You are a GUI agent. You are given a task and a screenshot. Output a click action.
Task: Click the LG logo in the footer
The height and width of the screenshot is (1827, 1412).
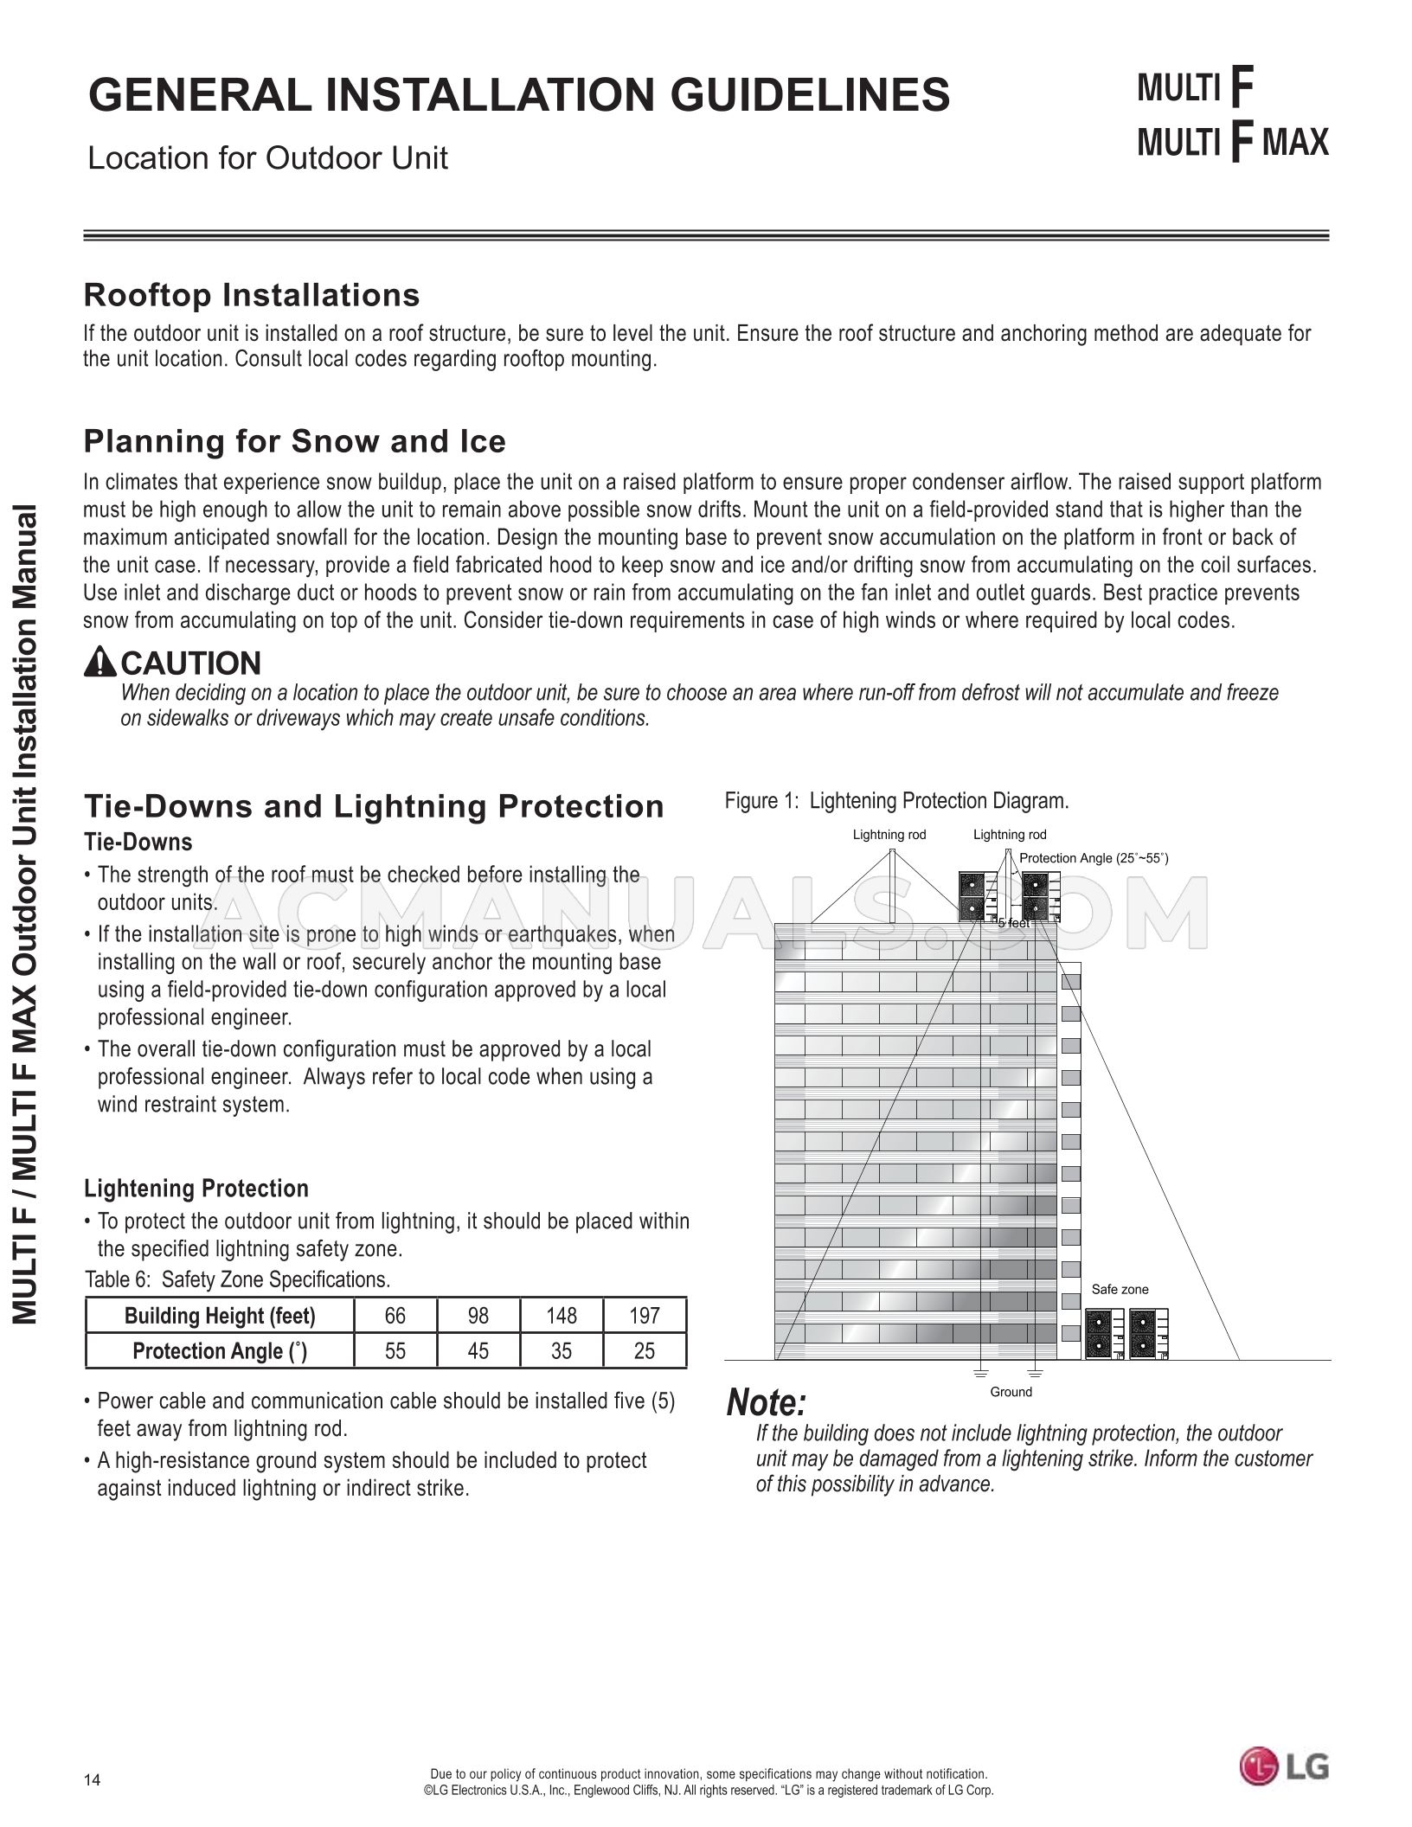pos(1284,1766)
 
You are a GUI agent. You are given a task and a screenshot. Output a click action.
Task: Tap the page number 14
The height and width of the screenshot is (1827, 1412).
pos(93,1779)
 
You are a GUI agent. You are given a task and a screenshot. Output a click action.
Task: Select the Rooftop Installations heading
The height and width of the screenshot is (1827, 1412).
pos(251,295)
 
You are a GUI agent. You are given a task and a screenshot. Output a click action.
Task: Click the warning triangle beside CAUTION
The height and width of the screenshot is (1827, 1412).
pos(100,663)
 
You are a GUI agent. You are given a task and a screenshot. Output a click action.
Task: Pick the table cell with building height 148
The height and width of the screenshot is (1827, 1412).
pos(561,1316)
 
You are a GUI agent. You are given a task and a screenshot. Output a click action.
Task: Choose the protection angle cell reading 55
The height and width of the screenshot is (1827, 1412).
pos(395,1351)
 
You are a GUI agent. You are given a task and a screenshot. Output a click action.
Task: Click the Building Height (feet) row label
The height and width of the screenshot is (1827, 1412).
pos(220,1316)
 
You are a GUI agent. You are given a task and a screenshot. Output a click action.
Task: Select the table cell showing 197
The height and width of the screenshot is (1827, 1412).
pos(644,1316)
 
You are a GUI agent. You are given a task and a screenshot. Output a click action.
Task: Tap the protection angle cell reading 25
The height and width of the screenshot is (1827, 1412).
pos(644,1351)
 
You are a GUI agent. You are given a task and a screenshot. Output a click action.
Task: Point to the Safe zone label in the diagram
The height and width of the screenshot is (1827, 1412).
pos(1120,1289)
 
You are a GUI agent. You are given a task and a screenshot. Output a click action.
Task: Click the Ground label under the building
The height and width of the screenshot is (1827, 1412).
pos(1011,1392)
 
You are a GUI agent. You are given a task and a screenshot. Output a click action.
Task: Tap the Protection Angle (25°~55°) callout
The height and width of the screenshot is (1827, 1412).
pos(1094,858)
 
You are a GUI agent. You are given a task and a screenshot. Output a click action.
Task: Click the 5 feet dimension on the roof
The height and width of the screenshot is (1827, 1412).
pos(1013,923)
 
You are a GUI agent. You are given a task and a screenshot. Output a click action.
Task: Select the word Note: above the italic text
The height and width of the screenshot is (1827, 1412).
pos(767,1403)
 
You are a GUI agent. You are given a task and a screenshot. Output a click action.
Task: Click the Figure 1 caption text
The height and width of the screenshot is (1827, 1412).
pos(896,801)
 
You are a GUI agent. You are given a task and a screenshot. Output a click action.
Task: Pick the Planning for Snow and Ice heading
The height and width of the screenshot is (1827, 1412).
pos(294,441)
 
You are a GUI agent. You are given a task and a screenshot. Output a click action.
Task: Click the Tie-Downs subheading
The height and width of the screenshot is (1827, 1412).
pos(138,842)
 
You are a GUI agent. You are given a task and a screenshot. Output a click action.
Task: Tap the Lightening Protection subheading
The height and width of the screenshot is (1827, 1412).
pos(196,1189)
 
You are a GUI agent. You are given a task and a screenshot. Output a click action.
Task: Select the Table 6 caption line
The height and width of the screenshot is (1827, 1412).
pos(237,1279)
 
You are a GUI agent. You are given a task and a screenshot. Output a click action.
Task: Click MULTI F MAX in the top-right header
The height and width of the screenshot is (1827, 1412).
pos(1232,141)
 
